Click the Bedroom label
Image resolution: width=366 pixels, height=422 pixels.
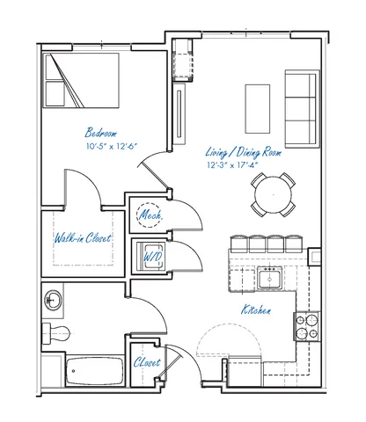[x=100, y=133]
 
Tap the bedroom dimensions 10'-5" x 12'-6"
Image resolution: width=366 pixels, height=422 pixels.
[x=112, y=146]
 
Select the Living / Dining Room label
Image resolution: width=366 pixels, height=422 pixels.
[x=244, y=152]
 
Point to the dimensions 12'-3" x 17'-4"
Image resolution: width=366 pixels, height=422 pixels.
[x=232, y=165]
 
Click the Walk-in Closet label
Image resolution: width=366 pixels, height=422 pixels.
[x=83, y=237]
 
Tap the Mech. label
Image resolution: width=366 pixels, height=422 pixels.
[x=150, y=215]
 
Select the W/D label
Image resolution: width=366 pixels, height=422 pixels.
[x=152, y=257]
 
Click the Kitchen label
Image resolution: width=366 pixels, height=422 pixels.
[x=256, y=309]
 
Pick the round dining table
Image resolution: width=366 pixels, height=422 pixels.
[x=273, y=194]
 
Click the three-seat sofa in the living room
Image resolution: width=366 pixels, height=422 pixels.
[x=303, y=109]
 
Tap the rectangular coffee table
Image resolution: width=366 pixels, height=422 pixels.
[x=258, y=109]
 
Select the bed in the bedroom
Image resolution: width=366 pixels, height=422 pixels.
[x=81, y=80]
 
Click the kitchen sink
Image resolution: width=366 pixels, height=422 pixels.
[x=270, y=278]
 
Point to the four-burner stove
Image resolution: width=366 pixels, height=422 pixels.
[x=307, y=326]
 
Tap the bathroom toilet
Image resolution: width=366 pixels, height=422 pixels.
[x=56, y=333]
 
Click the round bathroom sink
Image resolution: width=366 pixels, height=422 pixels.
[x=53, y=300]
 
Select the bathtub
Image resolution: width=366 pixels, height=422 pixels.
[x=94, y=371]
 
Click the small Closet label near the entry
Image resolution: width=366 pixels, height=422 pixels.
[x=147, y=362]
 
